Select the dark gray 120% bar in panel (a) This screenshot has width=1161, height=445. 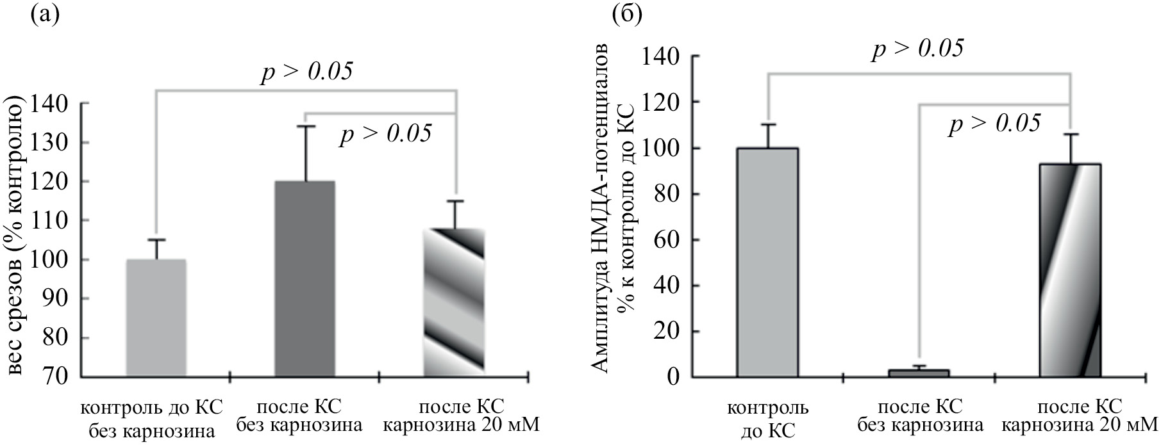click(305, 279)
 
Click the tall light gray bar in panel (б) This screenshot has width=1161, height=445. click(767, 263)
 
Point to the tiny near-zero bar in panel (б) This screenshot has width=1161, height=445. click(918, 373)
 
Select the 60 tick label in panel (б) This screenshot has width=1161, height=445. click(667, 240)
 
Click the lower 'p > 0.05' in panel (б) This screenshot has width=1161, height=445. click(994, 124)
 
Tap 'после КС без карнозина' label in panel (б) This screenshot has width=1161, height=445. click(919, 416)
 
